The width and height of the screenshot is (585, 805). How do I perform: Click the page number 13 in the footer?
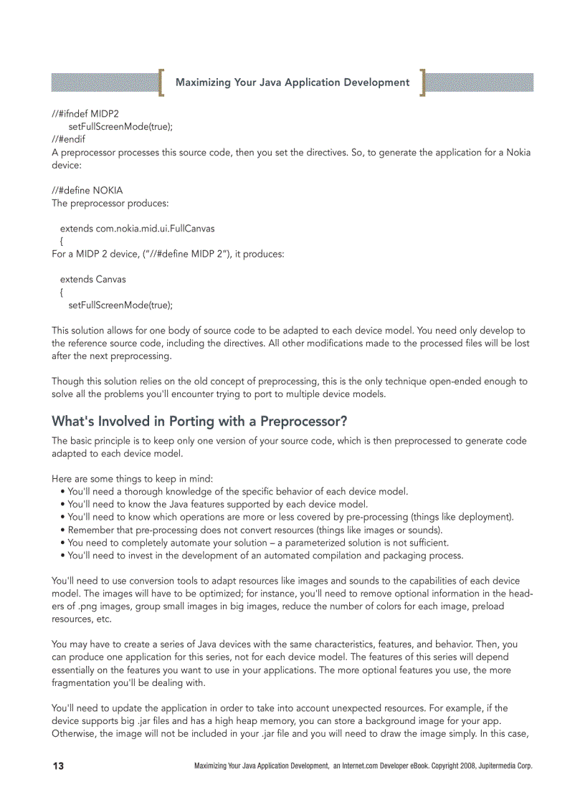[x=58, y=766]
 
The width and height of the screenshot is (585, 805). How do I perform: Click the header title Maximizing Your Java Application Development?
[x=292, y=82]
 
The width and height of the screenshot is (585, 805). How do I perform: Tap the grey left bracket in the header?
[x=163, y=82]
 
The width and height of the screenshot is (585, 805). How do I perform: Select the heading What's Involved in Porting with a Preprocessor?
[x=199, y=421]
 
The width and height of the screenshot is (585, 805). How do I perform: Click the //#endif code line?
[x=68, y=139]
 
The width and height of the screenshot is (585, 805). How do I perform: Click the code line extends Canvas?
[x=92, y=279]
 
